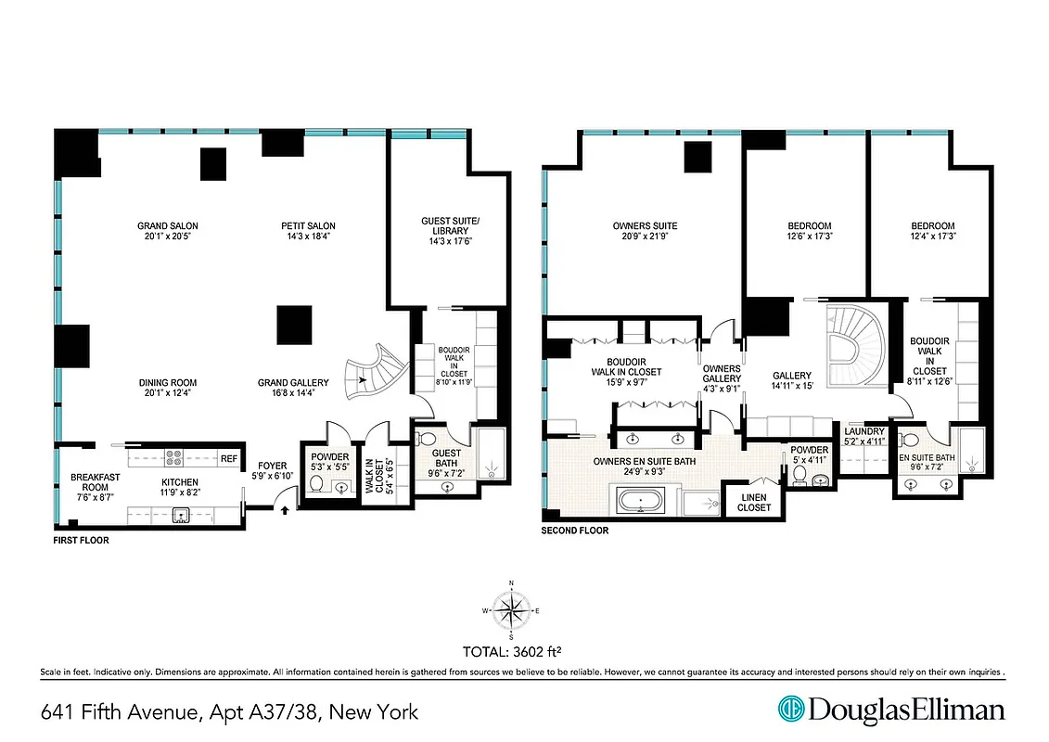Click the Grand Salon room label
click(168, 225)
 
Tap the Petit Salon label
click(309, 225)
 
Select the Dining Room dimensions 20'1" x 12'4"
click(168, 393)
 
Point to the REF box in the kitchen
click(228, 458)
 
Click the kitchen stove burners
click(173, 458)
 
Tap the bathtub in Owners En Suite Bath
click(641, 503)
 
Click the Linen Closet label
click(754, 503)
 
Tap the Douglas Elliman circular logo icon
click(791, 710)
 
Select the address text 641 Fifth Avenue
click(121, 712)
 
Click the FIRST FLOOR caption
click(83, 539)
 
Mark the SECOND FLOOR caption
click(575, 531)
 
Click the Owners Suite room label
click(645, 225)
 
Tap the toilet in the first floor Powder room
click(316, 484)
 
